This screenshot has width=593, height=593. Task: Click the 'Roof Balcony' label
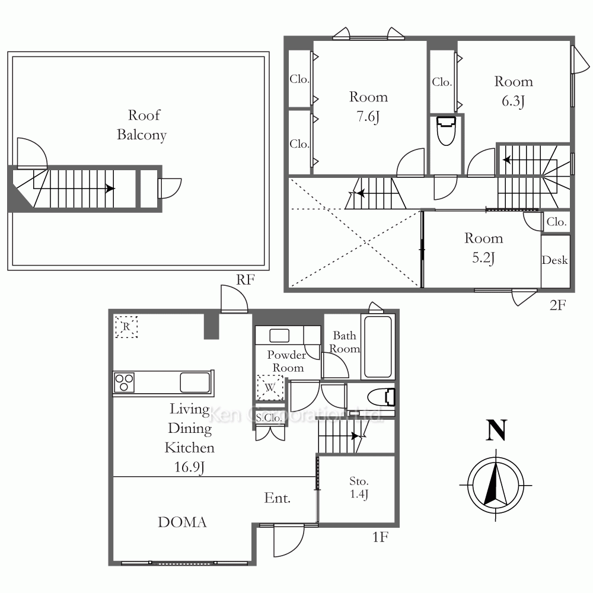142,125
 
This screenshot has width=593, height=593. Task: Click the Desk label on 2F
555,260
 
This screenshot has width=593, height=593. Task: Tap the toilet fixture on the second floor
447,131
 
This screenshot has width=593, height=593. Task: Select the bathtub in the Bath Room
378,347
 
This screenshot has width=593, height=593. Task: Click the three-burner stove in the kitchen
124,382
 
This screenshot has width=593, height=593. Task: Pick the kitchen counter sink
195,382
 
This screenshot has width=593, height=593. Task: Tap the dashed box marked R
126,326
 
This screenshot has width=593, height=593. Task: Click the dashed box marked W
270,387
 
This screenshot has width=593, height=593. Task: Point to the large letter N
496,431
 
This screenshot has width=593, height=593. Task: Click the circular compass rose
496,485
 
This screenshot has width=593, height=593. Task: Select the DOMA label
182,522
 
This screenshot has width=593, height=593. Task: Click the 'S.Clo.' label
269,418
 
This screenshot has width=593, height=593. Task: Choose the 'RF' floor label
246,280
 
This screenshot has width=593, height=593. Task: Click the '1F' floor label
381,537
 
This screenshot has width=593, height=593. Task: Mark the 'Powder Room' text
286,361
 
